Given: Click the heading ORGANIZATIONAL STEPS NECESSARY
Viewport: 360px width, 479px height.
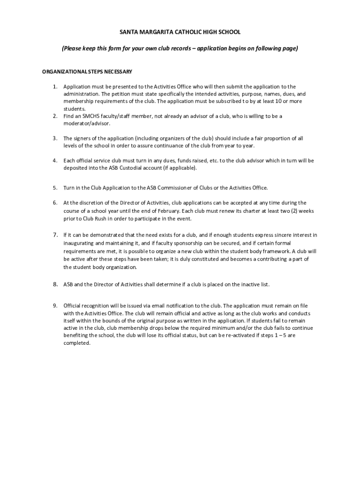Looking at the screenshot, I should coord(87,72).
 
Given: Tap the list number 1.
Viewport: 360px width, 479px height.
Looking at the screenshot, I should coord(54,87).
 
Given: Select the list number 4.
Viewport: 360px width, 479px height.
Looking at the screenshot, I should coord(54,160).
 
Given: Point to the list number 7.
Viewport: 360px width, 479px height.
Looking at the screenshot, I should coord(54,234).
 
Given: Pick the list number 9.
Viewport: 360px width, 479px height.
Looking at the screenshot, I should coord(54,305).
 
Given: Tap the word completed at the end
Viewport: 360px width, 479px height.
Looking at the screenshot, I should coord(77,343).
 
